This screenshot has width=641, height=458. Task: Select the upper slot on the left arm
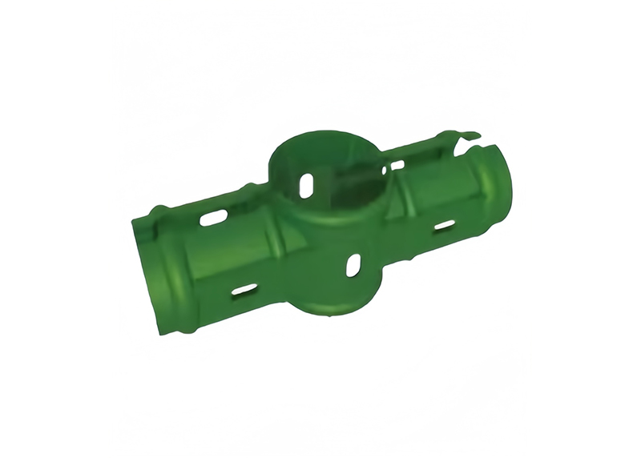[x=213, y=219]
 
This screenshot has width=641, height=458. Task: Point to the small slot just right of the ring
[x=398, y=165]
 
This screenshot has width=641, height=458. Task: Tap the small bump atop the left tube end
[x=155, y=210]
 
